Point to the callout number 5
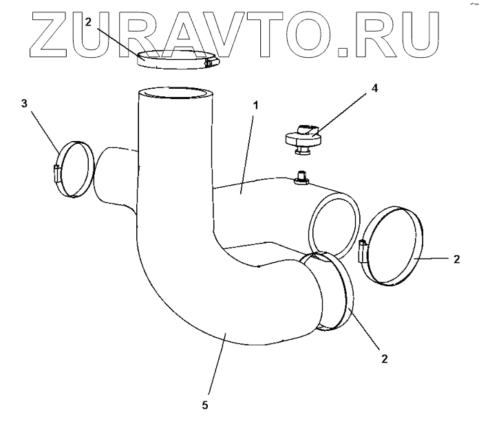coord(204,405)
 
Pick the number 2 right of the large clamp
coord(457,259)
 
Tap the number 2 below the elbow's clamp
coord(385,358)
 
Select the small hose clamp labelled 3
coord(72,167)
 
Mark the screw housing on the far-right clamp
coord(363,252)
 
